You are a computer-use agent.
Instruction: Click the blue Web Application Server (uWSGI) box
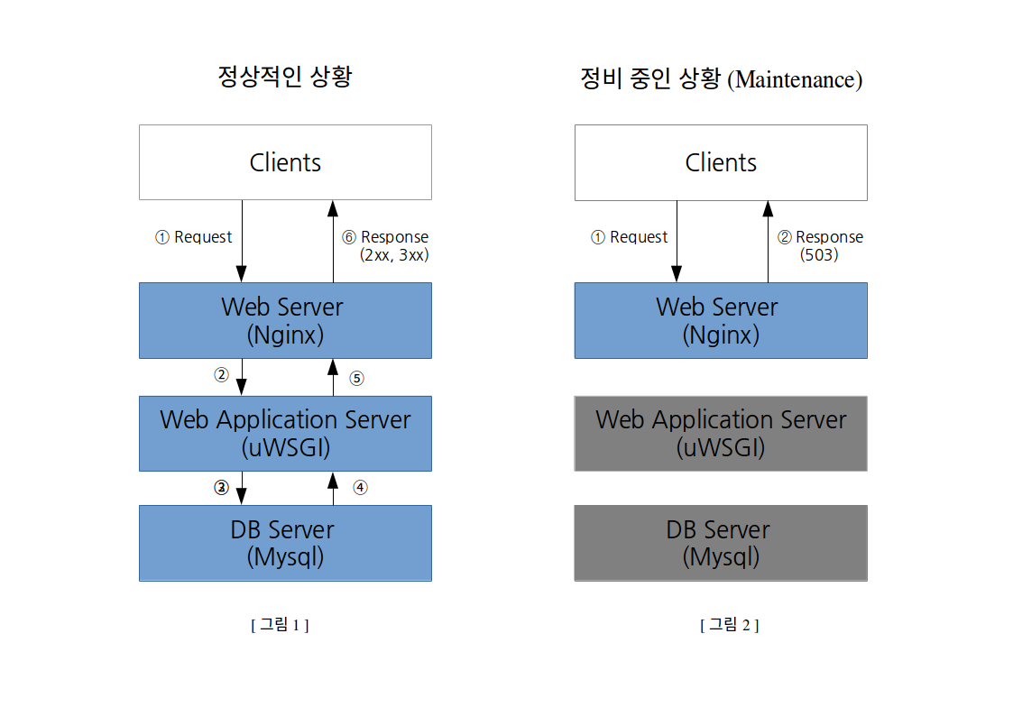coord(285,433)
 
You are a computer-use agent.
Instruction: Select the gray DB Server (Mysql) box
coord(721,543)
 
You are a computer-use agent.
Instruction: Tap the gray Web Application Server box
coord(721,433)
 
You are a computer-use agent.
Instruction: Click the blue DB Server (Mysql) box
coord(285,543)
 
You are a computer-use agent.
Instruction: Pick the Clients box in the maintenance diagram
coord(721,162)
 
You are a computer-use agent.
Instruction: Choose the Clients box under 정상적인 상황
coord(285,162)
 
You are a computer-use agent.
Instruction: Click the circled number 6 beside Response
coord(349,237)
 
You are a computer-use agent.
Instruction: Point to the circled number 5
coord(356,379)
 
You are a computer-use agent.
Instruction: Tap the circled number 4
coord(360,488)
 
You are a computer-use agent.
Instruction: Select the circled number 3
coord(222,488)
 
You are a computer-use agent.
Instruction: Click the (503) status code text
coord(818,255)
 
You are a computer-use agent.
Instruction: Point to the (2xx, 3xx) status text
coord(394,255)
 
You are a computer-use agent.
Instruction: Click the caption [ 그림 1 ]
coord(280,624)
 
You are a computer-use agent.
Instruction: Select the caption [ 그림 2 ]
coord(730,624)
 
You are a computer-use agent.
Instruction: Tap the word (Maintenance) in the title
coord(795,79)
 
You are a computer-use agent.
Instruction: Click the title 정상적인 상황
coord(285,76)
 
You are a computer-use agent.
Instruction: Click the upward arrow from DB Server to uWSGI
coord(334,488)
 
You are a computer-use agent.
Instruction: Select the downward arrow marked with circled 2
coord(242,377)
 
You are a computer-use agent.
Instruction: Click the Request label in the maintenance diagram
coord(639,237)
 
